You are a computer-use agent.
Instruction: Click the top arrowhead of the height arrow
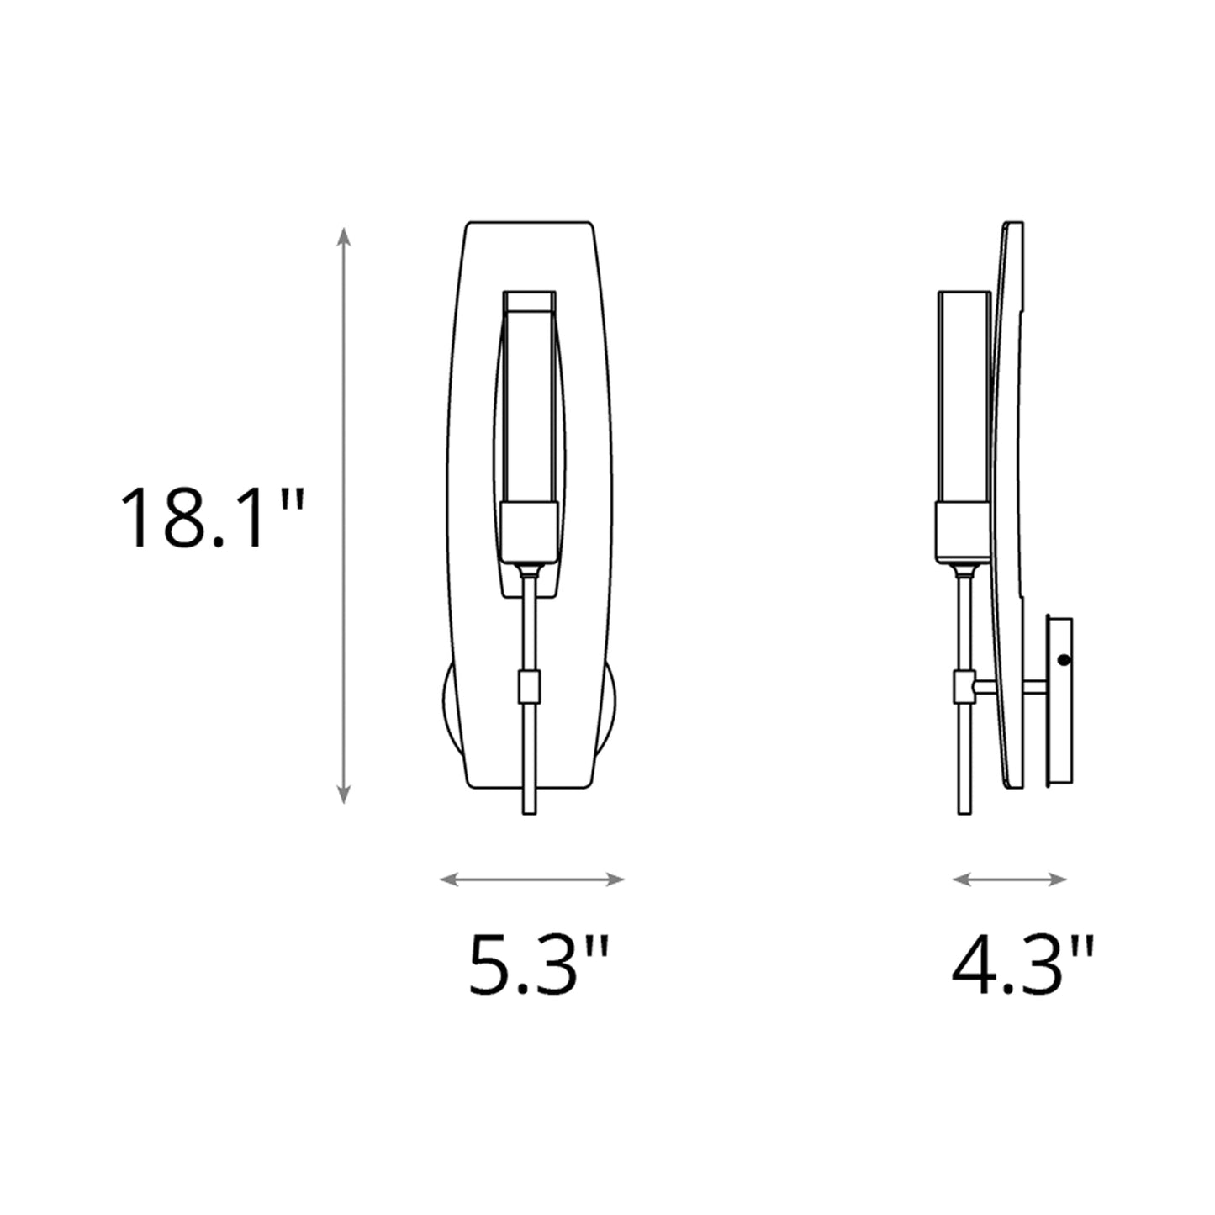(343, 235)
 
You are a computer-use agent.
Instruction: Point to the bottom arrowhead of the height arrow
(343, 795)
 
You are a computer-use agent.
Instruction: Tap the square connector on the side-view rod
(964, 687)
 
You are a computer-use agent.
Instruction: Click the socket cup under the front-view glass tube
(529, 532)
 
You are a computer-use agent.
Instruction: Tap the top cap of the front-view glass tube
(529, 300)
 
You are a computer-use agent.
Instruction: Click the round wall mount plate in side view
(1059, 702)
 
